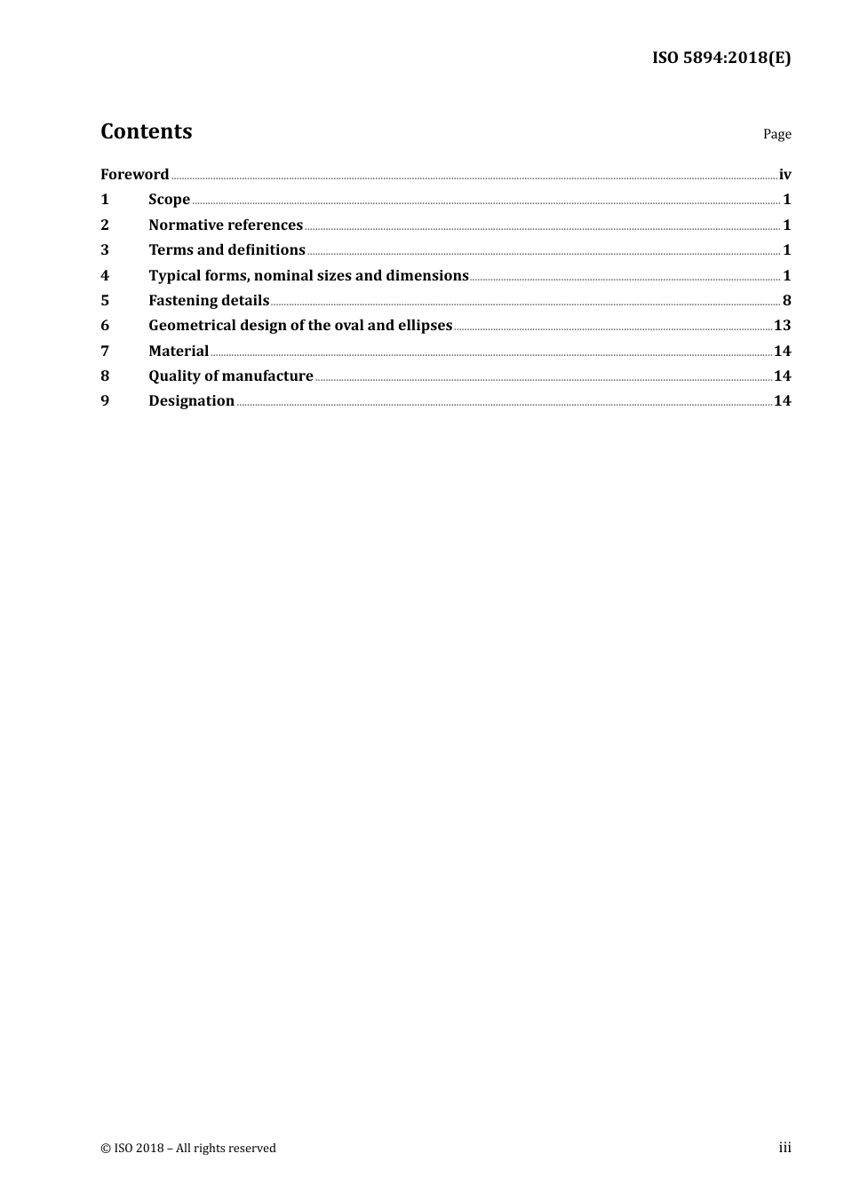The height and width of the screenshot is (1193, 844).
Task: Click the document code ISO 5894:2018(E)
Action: (x=721, y=59)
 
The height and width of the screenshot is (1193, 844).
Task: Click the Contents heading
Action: (x=146, y=131)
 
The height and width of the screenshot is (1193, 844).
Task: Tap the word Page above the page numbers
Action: (x=776, y=134)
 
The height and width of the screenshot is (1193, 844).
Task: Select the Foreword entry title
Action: (x=134, y=174)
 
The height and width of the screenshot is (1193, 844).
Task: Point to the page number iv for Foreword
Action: (x=784, y=174)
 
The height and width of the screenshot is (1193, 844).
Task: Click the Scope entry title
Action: (x=169, y=200)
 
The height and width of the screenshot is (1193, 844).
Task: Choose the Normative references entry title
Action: (x=226, y=225)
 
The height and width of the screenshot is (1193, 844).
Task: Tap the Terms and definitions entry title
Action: (x=227, y=249)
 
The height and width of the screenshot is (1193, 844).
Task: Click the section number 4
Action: (x=105, y=275)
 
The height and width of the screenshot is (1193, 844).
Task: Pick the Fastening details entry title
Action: (x=209, y=300)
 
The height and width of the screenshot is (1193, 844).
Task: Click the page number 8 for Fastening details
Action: (x=786, y=300)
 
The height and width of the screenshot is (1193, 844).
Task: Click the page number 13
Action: (x=782, y=325)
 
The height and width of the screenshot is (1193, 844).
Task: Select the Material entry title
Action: (x=179, y=351)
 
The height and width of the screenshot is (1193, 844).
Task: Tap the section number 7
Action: (x=105, y=351)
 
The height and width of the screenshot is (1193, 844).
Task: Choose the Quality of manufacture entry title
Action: (x=231, y=375)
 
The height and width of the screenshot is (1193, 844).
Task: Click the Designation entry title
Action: (x=191, y=400)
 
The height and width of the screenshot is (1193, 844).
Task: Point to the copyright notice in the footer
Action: (x=188, y=1148)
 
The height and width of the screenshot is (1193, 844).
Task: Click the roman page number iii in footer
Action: (x=784, y=1147)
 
